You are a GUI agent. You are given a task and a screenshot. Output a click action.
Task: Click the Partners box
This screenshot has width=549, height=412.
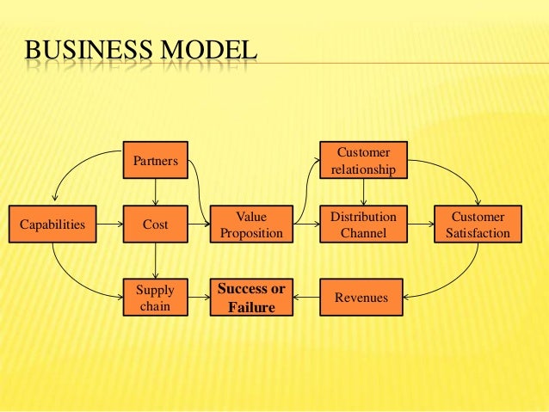click(155, 160)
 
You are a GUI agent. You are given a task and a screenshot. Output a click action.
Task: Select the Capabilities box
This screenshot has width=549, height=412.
click(52, 224)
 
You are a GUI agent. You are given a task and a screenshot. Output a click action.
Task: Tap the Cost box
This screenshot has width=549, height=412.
click(155, 224)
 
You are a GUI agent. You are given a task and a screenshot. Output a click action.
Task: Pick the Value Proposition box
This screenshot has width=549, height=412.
click(251, 224)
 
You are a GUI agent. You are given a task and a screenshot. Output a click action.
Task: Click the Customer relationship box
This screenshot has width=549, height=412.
click(362, 160)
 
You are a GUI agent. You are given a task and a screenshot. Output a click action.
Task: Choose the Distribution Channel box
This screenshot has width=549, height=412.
click(362, 224)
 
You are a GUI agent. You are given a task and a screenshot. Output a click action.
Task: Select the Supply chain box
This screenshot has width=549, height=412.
click(155, 298)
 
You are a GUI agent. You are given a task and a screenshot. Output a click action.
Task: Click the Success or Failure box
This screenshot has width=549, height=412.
click(251, 298)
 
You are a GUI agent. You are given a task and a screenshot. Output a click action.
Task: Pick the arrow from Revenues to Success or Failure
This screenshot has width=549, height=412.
click(306, 298)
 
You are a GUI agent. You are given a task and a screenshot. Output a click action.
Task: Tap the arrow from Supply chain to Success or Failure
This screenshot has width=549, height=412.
click(198, 298)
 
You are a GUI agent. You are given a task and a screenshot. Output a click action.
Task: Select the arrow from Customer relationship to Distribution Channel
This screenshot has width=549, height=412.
click(362, 192)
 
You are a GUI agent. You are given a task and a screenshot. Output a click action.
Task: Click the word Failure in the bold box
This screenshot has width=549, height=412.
click(251, 306)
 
